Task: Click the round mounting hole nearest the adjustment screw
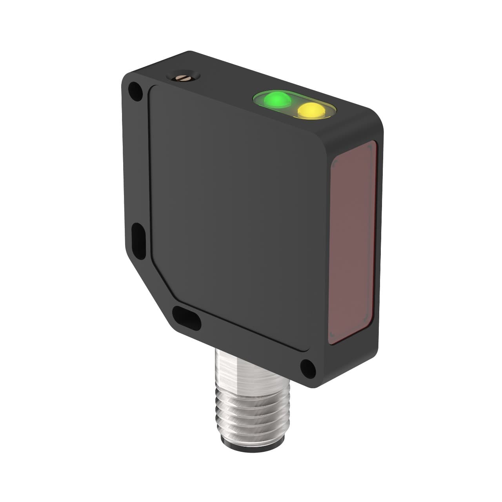click(134, 90)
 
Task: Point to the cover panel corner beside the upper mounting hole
click(151, 89)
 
